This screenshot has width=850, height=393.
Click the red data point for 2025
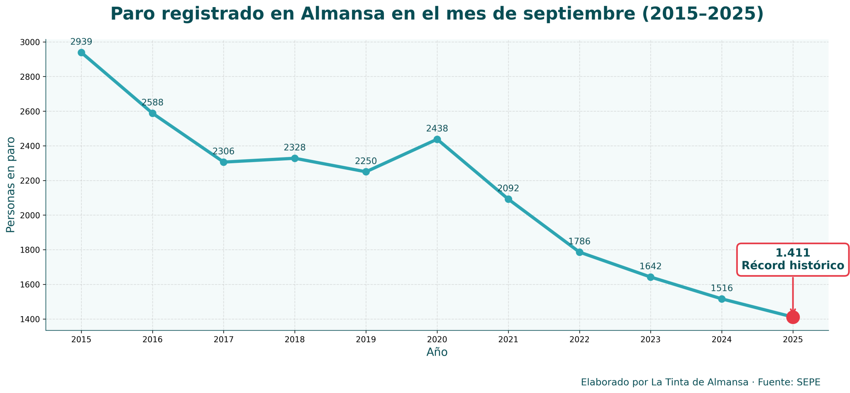793,317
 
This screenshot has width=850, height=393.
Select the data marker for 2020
437,140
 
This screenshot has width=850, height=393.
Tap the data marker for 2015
81,53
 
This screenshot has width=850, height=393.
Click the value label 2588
152,103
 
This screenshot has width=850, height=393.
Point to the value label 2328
295,147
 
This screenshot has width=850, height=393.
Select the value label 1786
579,241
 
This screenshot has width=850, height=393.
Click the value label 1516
721,288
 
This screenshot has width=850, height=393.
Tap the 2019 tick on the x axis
366,339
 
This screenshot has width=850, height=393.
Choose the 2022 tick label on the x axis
579,339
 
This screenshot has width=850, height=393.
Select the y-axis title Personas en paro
11,185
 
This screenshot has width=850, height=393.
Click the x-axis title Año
437,352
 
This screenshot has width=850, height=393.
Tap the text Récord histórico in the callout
793,266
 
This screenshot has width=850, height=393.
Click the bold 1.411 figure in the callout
793,253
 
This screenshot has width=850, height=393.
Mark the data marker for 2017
224,162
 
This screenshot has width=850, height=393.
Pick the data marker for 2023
650,277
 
